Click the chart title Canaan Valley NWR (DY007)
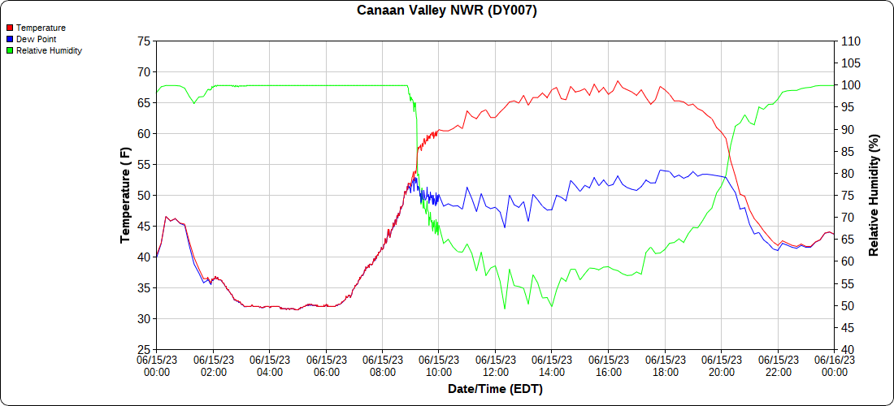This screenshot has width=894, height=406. pyautogui.click(x=447, y=11)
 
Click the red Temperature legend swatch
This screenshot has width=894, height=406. pyautogui.click(x=9, y=28)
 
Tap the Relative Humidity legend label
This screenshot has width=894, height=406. pyautogui.click(x=49, y=50)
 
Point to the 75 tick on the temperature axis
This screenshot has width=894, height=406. pyautogui.click(x=144, y=41)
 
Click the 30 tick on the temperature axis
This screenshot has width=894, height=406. pyautogui.click(x=144, y=319)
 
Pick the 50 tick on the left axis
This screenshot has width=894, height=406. pyautogui.click(x=144, y=196)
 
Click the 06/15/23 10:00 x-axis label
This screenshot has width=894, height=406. pyautogui.click(x=439, y=366)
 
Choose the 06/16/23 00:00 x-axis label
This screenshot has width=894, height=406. pyautogui.click(x=834, y=366)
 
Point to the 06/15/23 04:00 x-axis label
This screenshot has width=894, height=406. pyautogui.click(x=270, y=366)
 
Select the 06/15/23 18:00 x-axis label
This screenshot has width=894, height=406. pyautogui.click(x=665, y=366)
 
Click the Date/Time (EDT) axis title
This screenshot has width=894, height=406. pyautogui.click(x=495, y=389)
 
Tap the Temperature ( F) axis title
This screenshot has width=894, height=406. pyautogui.click(x=125, y=196)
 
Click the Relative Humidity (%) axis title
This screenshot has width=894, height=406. pyautogui.click(x=874, y=196)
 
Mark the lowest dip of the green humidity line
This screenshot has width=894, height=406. pyautogui.click(x=505, y=309)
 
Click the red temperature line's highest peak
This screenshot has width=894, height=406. pyautogui.click(x=618, y=81)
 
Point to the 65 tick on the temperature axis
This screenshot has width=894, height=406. pyautogui.click(x=144, y=103)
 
